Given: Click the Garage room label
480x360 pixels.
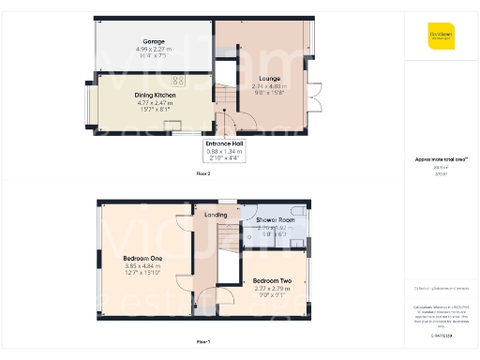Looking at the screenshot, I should [154, 42].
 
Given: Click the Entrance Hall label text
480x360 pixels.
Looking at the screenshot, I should [224, 143].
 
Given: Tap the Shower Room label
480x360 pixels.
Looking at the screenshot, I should [275, 220].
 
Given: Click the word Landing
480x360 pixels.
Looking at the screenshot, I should [217, 215].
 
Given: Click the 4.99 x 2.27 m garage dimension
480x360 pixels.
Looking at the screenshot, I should [154, 49].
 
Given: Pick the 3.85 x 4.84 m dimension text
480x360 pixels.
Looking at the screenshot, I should [143, 265].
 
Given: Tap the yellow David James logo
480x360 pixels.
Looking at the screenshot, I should [441, 36].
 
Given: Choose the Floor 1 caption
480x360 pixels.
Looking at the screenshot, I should [203, 341].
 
